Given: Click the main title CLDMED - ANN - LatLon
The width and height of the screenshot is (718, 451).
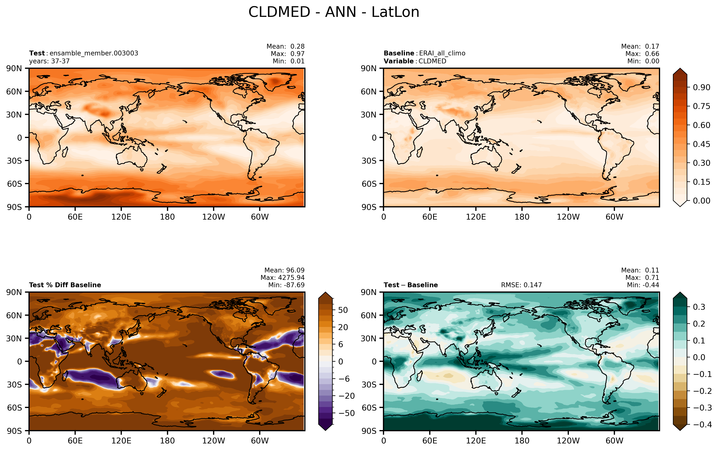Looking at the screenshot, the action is coord(334,12).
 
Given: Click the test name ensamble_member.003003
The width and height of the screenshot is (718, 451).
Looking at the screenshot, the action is coord(94,53).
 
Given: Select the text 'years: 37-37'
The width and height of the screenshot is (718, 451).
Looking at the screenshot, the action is coord(49,61).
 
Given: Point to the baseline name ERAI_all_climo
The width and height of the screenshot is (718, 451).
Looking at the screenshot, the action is coord(442,53).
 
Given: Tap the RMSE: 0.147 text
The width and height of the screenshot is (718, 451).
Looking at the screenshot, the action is coord(521,285).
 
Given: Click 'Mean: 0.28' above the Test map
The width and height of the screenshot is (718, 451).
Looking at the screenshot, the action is coord(285,47).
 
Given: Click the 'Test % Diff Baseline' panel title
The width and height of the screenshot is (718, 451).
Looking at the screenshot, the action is coord(65,285).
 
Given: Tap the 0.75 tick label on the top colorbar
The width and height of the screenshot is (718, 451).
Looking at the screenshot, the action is coord(701,106).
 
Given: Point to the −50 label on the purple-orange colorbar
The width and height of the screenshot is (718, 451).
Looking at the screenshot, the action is coord(347,413).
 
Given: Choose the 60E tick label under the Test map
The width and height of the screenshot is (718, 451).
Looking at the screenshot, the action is coord(75,217).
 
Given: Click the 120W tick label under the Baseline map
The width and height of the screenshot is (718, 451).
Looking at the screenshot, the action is coord(568,217).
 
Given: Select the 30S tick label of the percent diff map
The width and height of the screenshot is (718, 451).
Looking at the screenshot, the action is coord(15,385).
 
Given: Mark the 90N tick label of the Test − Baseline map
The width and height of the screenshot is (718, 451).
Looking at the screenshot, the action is coord(368,292).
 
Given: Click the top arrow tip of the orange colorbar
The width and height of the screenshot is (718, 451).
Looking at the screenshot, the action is coord(680,68).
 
